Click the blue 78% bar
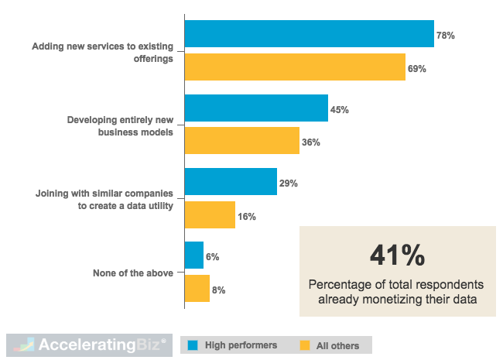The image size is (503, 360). click(x=310, y=34)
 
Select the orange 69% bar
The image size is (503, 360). click(x=295, y=67)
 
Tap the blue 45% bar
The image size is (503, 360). click(x=256, y=108)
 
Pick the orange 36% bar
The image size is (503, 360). click(x=242, y=141)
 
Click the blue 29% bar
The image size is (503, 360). click(x=231, y=182)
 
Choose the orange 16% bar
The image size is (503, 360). click(x=210, y=215)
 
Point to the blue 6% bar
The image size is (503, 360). click(x=194, y=255)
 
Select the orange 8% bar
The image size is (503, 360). click(x=197, y=289)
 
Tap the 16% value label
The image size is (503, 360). click(x=247, y=217)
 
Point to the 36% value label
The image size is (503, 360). click(x=311, y=142)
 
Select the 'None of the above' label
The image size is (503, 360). click(x=132, y=273)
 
